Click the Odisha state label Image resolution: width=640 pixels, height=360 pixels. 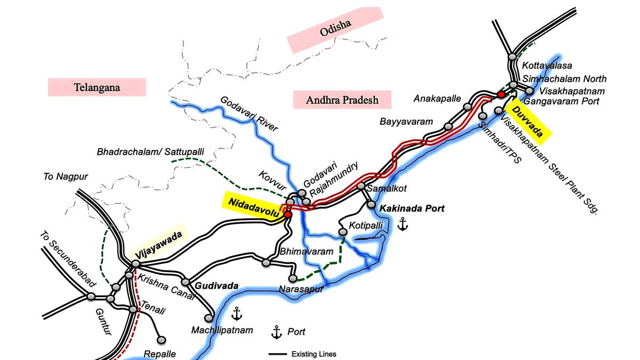tap(335, 30)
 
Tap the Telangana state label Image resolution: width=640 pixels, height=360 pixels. tap(97, 87)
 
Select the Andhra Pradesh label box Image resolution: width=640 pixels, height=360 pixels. tap(342, 100)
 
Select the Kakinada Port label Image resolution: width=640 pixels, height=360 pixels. tap(412, 208)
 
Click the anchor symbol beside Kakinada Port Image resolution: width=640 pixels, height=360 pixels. tap(402, 225)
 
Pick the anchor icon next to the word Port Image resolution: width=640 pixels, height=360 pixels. tap(276, 332)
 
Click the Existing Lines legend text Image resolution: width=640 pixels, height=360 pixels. tap(314, 354)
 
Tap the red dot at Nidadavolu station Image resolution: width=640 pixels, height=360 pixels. tap(288, 214)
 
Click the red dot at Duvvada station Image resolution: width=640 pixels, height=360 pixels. tap(501, 94)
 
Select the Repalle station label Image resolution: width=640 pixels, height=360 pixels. tap(159, 354)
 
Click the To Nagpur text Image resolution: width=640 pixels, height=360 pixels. tap(66, 177)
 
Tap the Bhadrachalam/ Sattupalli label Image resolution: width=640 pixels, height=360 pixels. tap(150, 152)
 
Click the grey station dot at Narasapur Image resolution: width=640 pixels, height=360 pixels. tap(292, 278)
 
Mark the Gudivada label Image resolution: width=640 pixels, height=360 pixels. tap(217, 286)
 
